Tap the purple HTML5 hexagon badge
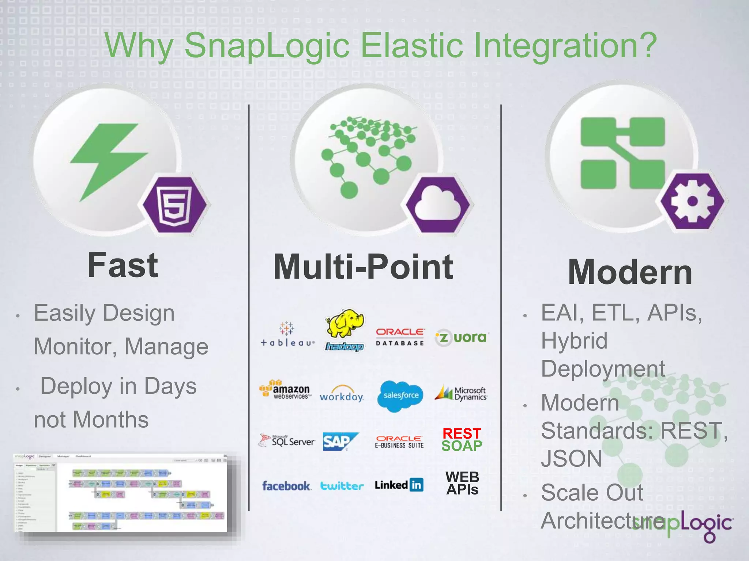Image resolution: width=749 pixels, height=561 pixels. [x=174, y=205]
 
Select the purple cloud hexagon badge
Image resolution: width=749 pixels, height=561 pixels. [x=438, y=205]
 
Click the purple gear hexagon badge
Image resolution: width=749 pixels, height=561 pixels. [x=692, y=201]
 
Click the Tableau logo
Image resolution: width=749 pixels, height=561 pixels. [x=287, y=334]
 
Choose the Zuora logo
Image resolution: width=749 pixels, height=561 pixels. [x=462, y=337]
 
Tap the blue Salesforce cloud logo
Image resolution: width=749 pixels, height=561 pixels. [x=401, y=395]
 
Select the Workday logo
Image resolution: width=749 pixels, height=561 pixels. [x=342, y=394]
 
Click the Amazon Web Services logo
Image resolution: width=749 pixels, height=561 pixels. [x=285, y=390]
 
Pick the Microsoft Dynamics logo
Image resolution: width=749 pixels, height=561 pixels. [x=461, y=393]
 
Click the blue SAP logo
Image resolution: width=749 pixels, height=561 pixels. [x=340, y=441]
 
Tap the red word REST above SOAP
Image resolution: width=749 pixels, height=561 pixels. [x=462, y=434]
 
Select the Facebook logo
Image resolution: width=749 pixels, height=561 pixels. [x=286, y=486]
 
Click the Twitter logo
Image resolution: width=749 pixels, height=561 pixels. [x=342, y=486]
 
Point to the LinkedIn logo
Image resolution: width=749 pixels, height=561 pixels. [x=399, y=485]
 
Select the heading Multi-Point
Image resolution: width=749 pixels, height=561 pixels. [x=363, y=267]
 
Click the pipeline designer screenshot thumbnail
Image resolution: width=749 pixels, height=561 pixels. [x=121, y=493]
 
